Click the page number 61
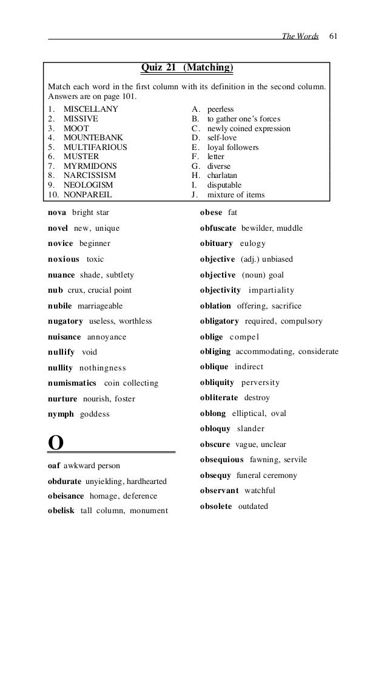click(333, 36)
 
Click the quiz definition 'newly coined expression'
click(249, 129)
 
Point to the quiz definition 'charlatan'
click(224, 176)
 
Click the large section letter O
click(55, 443)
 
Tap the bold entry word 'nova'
click(57, 213)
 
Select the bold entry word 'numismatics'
click(72, 383)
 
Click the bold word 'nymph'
click(61, 414)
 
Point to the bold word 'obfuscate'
click(218, 228)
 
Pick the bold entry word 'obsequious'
click(221, 460)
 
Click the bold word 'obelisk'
click(61, 511)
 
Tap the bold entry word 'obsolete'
click(216, 506)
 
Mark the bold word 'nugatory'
click(66, 321)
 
